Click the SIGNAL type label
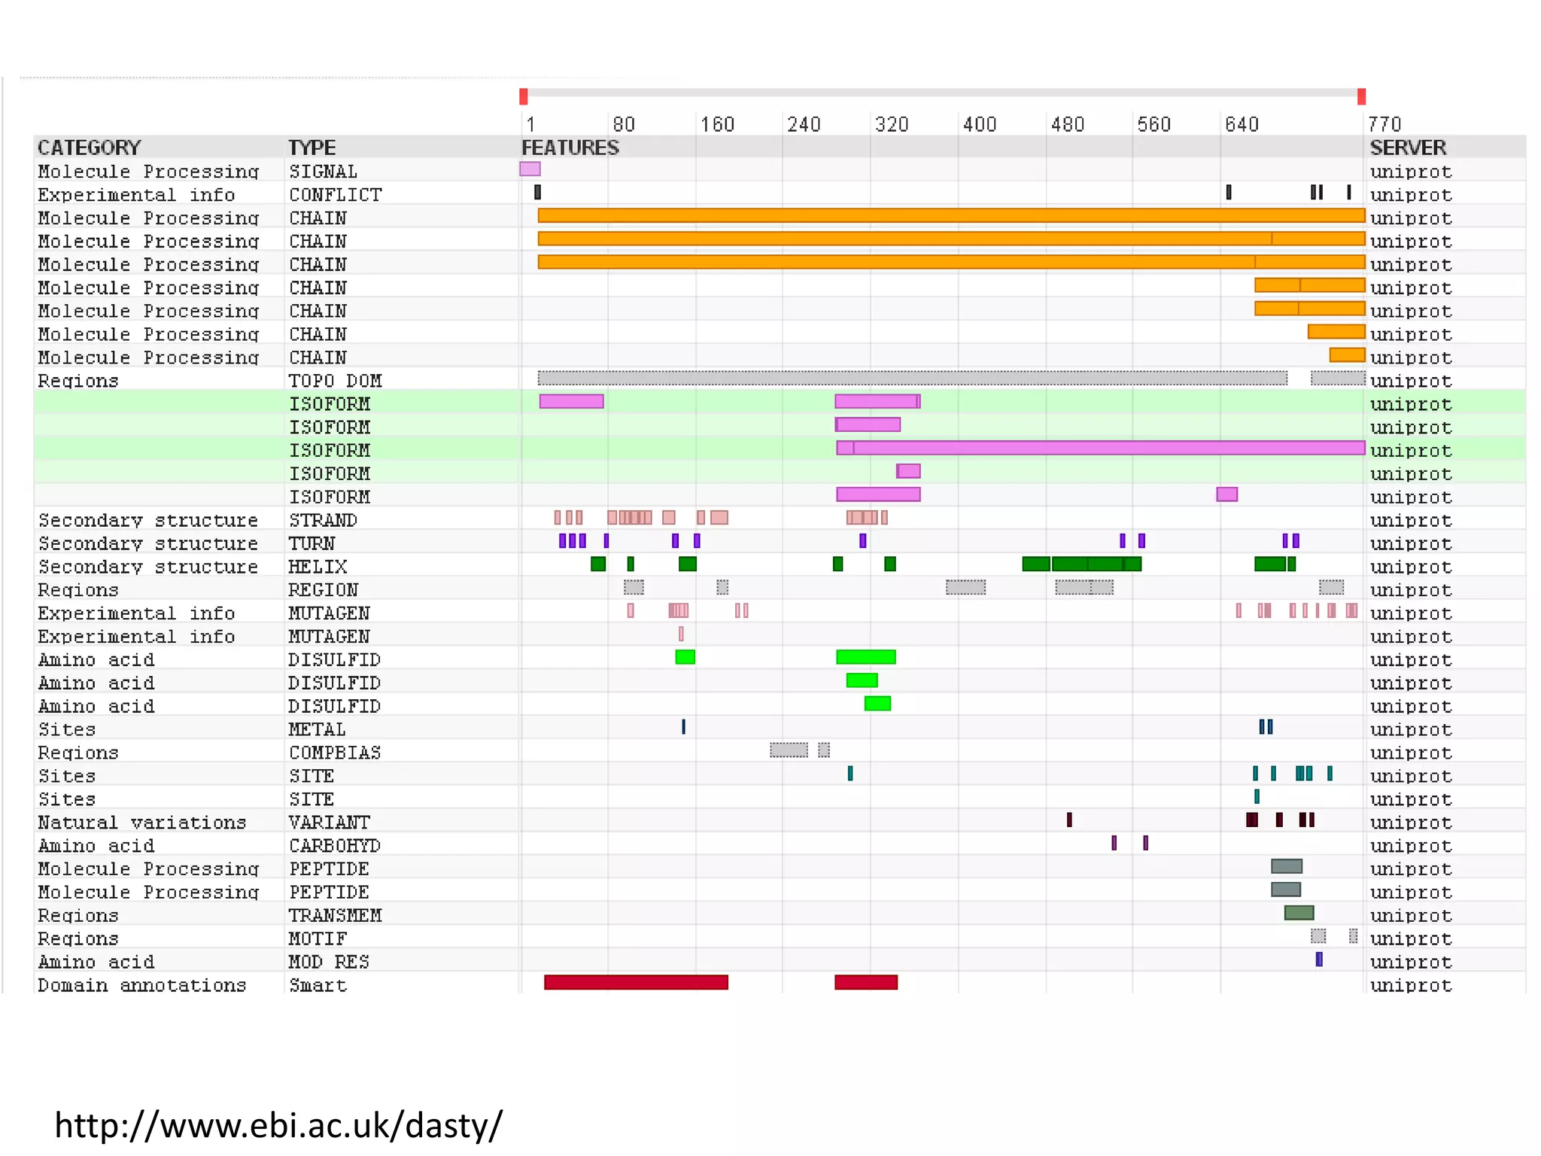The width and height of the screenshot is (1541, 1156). (323, 172)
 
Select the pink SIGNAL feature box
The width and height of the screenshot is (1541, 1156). (530, 169)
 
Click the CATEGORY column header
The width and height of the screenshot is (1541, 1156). (90, 148)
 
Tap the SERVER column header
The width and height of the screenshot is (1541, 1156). (1407, 148)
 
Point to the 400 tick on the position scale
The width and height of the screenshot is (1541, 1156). (979, 124)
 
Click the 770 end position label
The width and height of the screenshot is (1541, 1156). (1384, 124)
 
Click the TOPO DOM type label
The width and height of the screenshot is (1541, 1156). (335, 381)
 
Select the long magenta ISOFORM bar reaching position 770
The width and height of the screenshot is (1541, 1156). (1106, 449)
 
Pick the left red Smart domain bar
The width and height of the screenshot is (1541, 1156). (636, 982)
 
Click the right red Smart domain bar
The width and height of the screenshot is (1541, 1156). (866, 982)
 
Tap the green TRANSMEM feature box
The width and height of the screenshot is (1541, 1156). (1299, 913)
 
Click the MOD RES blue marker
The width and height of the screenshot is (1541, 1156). (1319, 960)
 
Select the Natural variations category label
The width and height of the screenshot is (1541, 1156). (142, 823)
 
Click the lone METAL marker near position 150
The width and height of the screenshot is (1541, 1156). (683, 727)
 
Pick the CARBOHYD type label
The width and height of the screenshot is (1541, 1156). (335, 846)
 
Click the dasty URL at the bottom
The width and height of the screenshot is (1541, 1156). (278, 1126)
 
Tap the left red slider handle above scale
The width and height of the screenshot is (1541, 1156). (524, 96)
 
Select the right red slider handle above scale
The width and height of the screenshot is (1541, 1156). (1361, 96)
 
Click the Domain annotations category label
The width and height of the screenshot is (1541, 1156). (142, 985)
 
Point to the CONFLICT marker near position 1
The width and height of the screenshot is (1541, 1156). (537, 193)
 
